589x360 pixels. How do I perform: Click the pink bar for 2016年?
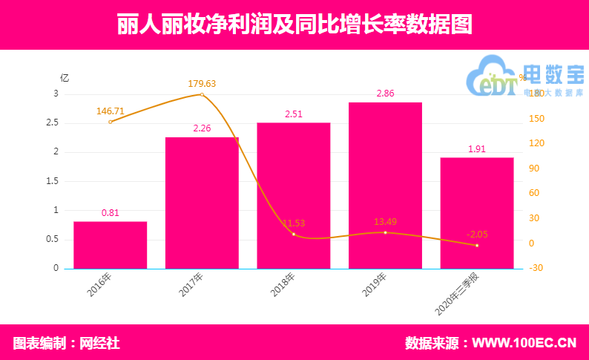[x=110, y=245]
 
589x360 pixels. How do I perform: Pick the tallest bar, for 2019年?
[x=385, y=186]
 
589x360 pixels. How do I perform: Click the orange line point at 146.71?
[x=110, y=122]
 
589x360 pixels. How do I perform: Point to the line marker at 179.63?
[x=202, y=94]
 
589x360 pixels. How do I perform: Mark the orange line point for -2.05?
[x=477, y=246]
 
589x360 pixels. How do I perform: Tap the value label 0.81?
[x=110, y=213]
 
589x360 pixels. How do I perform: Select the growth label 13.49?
[x=385, y=221]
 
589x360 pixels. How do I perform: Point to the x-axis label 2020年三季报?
[x=460, y=293]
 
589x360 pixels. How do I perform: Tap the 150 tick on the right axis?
[x=533, y=119]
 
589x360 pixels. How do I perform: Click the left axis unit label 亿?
[x=65, y=78]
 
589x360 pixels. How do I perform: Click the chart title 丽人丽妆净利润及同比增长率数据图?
[x=294, y=24]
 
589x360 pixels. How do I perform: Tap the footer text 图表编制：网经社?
[x=66, y=343]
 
